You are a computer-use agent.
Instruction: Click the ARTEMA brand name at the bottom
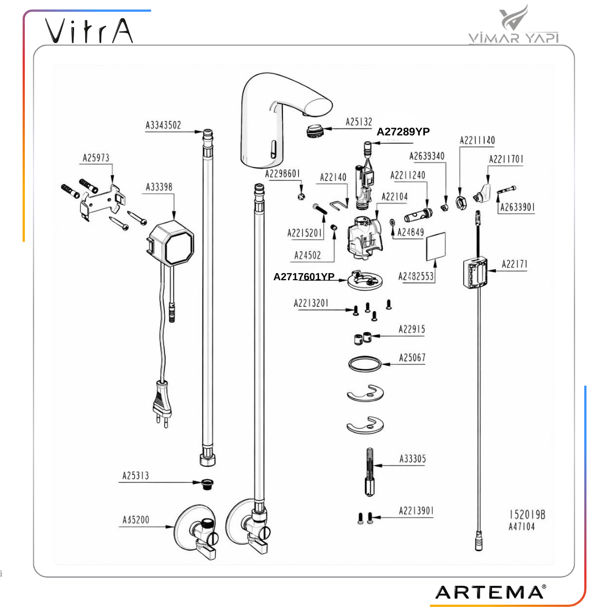tap(490, 592)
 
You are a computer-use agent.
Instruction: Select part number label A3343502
tap(163, 125)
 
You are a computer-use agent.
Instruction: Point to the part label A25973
tap(96, 158)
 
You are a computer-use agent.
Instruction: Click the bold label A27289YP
tap(403, 132)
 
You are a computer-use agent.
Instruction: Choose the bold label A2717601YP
tap(304, 276)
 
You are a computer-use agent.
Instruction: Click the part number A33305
tap(412, 459)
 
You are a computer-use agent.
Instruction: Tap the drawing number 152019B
tap(527, 515)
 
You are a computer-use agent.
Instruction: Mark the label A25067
tap(412, 358)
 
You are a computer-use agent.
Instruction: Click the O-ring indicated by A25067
tap(365, 364)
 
